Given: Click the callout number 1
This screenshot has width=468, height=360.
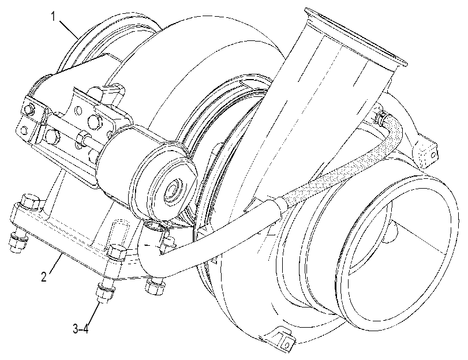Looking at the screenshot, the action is coord(53,16).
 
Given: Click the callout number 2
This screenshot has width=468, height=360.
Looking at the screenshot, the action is coord(44,277).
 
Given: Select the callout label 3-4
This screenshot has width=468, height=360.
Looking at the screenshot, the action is coord(81,329).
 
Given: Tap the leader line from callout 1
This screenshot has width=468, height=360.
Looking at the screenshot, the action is coord(69,29).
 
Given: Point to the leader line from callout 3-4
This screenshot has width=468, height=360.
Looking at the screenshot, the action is coord(92,314).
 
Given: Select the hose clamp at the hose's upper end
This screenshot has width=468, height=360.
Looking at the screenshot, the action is coord(380,118).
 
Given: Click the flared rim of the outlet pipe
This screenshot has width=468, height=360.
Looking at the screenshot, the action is coord(355,35).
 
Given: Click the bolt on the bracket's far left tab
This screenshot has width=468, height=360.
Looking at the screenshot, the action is coord(28,109).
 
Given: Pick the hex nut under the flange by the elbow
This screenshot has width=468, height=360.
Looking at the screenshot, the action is coord(154,287).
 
